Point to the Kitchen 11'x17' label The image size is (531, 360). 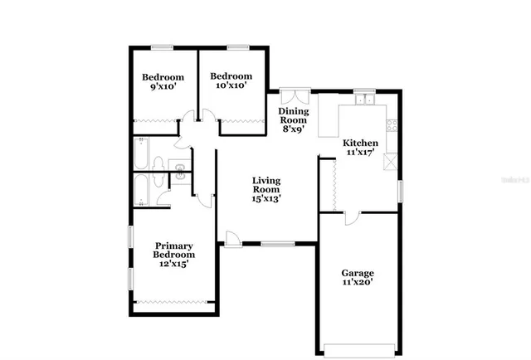pyautogui.click(x=362, y=148)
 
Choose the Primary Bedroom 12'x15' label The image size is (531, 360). pyautogui.click(x=174, y=255)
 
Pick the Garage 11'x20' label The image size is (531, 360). pyautogui.click(x=358, y=278)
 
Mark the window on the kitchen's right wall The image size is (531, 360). pyautogui.click(x=400, y=190)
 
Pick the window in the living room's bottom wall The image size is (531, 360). pyautogui.click(x=277, y=244)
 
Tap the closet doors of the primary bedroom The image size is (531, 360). pyautogui.click(x=174, y=301)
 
